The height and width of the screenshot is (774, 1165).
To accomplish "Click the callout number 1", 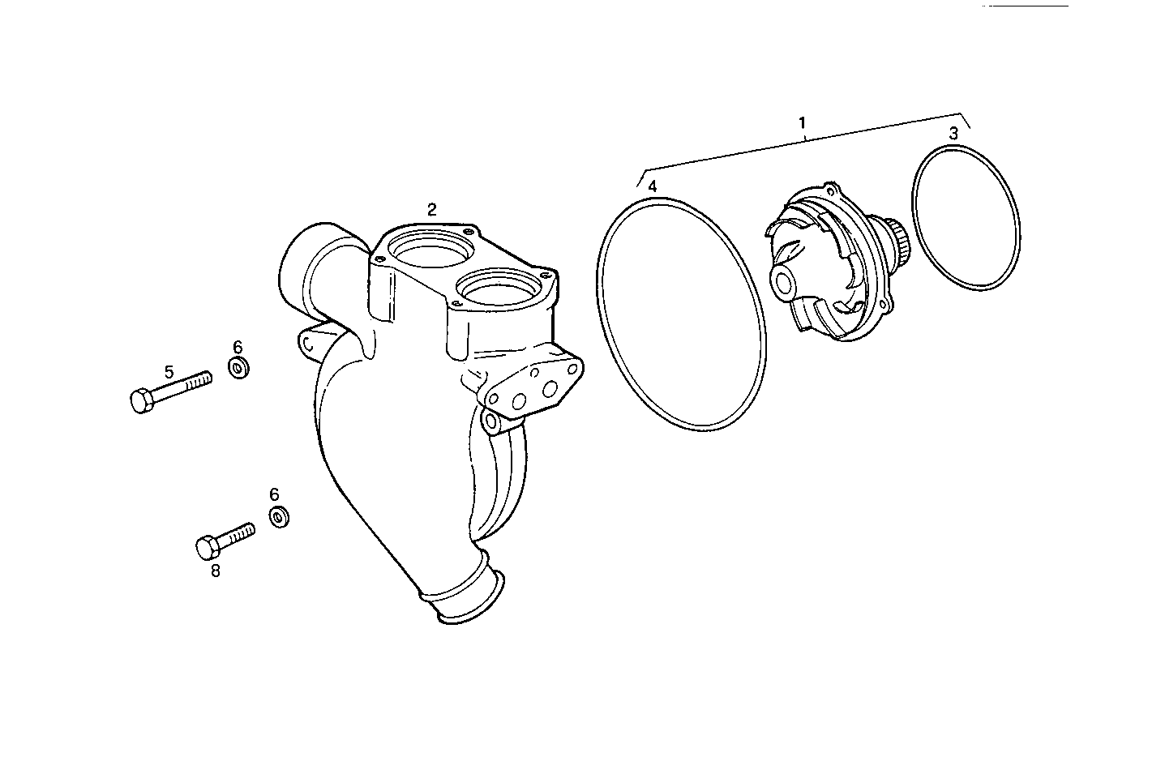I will coord(802,123).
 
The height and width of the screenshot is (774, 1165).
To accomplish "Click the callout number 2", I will coord(432,209).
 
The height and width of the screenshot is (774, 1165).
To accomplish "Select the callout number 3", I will coord(954,133).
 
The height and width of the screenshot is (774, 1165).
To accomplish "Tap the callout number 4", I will coord(653,186).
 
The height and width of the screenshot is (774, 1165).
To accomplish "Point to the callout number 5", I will coord(169,372).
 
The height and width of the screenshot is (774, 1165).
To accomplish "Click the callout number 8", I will coord(215,571).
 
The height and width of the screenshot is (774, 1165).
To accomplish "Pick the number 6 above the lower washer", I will coord(274,494).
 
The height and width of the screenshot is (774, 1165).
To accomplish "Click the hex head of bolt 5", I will coord(141,401).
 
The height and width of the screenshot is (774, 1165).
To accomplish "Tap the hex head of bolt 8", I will coord(208,548).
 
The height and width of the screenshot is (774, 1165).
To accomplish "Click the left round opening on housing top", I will coord(427,249).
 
